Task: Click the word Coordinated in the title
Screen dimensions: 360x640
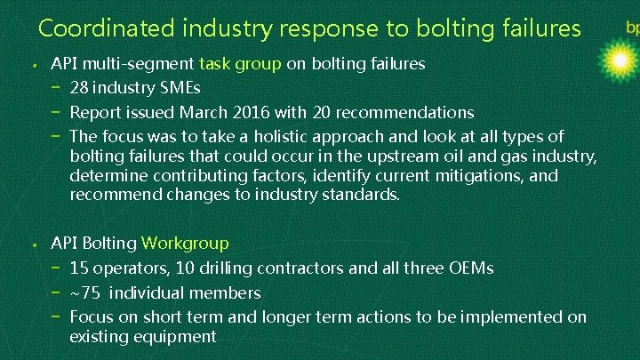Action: [x=106, y=28]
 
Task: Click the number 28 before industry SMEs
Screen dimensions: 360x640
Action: [x=80, y=88]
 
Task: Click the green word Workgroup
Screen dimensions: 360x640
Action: [x=185, y=243]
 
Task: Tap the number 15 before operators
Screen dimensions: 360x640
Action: [x=78, y=268]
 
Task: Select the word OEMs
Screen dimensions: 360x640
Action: [x=471, y=268]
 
